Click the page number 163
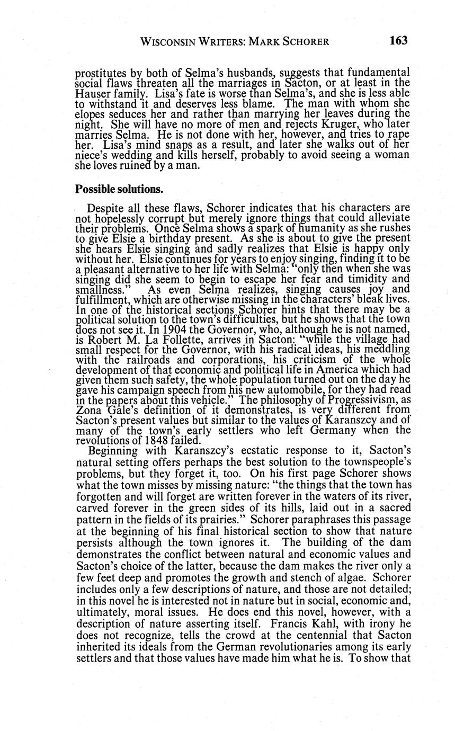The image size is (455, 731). click(x=398, y=41)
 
